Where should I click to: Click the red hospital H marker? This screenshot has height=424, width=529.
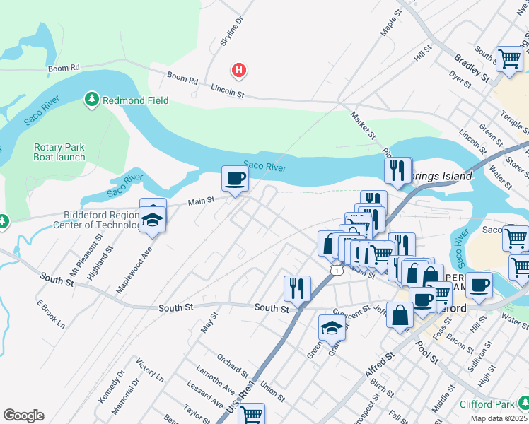coord(240,70)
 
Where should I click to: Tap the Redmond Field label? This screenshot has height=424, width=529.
coord(136,100)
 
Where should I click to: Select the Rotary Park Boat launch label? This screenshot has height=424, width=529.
coord(59,152)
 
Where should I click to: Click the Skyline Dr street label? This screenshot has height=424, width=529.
coord(231,32)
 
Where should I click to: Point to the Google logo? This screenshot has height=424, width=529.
coord(23,416)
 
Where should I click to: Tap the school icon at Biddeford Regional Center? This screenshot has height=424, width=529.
coord(152,218)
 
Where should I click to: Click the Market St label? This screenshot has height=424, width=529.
coord(362,125)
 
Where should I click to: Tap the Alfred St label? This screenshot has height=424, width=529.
coord(379,369)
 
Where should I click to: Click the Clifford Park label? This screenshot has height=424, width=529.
coord(487,404)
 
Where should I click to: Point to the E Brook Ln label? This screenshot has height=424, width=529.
coord(50,314)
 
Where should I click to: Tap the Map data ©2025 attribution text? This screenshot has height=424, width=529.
coord(499,418)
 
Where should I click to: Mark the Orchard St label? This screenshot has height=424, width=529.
coord(233,365)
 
